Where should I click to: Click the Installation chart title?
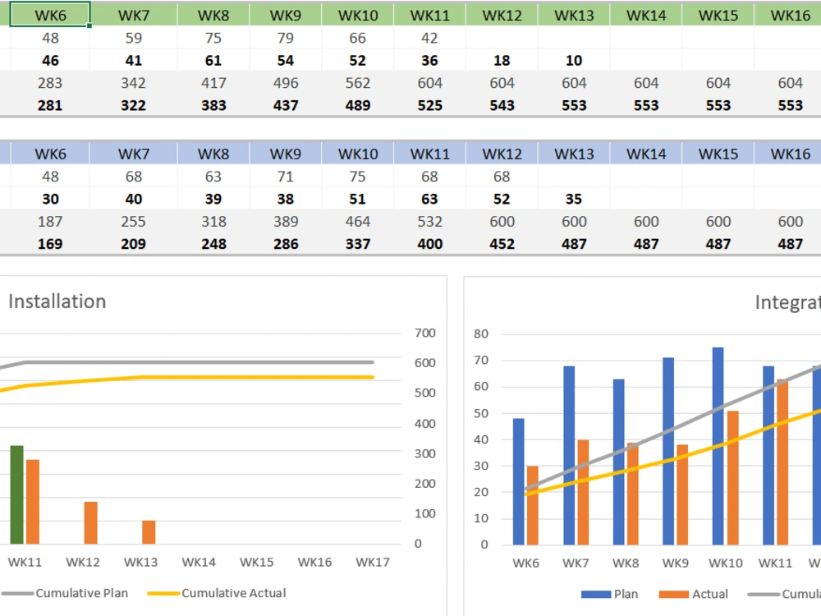pos(57,301)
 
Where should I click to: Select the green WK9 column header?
pos(286,16)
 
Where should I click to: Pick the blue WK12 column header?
pos(502,154)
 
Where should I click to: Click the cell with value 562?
pos(358,83)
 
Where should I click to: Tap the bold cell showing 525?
pos(429,105)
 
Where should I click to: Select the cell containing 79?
pos(286,38)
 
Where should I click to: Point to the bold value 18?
pos(502,61)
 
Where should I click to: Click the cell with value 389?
pos(286,221)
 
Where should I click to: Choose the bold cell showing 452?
pos(502,244)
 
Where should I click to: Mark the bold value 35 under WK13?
pos(574,199)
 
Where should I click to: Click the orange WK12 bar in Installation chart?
pos(90,522)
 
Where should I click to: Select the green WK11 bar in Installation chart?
pos(16,494)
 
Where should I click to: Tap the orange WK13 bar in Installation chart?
pos(149,531)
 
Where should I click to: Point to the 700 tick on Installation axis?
pos(424,333)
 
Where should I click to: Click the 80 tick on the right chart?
pos(480,333)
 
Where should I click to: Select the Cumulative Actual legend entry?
pos(233,593)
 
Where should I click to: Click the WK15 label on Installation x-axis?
pos(256,563)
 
